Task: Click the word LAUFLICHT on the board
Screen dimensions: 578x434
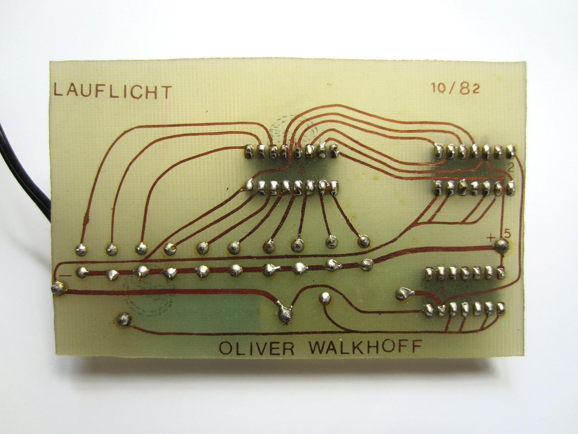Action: click(113, 91)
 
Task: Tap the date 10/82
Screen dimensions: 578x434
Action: click(455, 88)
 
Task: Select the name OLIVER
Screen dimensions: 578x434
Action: click(256, 348)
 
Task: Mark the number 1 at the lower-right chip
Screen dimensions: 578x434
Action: click(443, 290)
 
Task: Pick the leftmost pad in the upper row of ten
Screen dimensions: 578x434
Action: click(81, 249)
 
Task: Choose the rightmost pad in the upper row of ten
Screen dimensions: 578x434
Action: click(363, 241)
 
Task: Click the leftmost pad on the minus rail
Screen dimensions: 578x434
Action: click(83, 272)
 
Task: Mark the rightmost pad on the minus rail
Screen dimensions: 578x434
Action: click(366, 265)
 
